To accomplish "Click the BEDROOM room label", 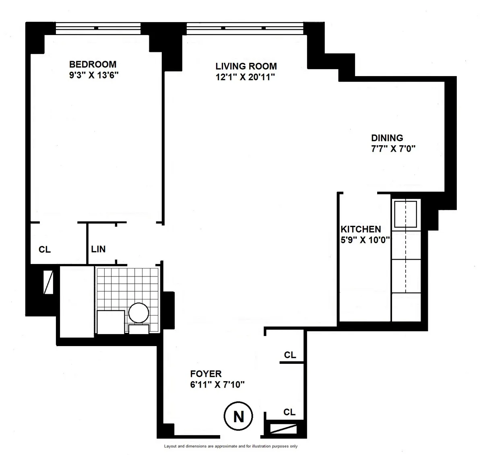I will pos(93,64).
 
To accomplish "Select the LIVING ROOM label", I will pos(246,66).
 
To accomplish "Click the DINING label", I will pos(387,138).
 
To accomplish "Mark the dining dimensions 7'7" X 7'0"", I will pos(393,149).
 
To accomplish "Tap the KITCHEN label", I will pos(361,229).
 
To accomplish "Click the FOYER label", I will pos(206,374).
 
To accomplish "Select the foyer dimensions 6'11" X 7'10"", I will pos(217,384).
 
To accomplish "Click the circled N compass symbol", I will pos(238,416).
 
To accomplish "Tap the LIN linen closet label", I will pos(98,249).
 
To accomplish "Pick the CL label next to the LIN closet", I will pos(45,250).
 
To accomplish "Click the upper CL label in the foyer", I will pos(290,355).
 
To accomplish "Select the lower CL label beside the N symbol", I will pos(289,412).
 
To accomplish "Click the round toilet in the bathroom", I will pos(139,312).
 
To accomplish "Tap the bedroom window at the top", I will pos(98,28).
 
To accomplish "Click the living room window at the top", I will pos(245,28).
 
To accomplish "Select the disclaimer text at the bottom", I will pos(231,446).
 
